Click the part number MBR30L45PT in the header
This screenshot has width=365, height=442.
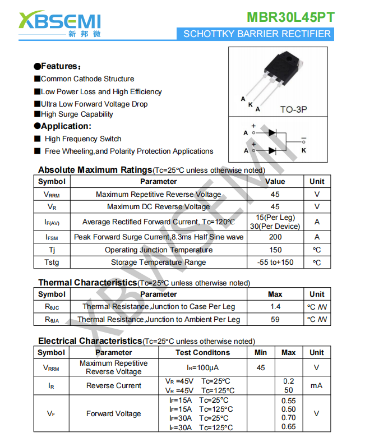[290, 17]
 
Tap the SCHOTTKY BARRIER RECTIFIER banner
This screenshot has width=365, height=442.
[257, 34]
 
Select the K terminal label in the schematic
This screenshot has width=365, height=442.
[304, 150]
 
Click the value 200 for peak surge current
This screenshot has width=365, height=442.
[275, 237]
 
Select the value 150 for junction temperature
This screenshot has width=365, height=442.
[275, 250]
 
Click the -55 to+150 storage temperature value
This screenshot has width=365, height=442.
[275, 263]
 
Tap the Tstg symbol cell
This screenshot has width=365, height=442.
[52, 263]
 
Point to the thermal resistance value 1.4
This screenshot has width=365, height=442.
[275, 307]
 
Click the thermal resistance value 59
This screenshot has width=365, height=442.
[275, 320]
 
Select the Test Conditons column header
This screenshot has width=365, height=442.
[202, 353]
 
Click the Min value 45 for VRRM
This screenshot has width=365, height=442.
[261, 368]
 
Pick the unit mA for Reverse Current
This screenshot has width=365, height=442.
[316, 386]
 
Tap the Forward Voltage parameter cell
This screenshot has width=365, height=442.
[113, 414]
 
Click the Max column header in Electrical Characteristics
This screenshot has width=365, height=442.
[288, 353]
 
